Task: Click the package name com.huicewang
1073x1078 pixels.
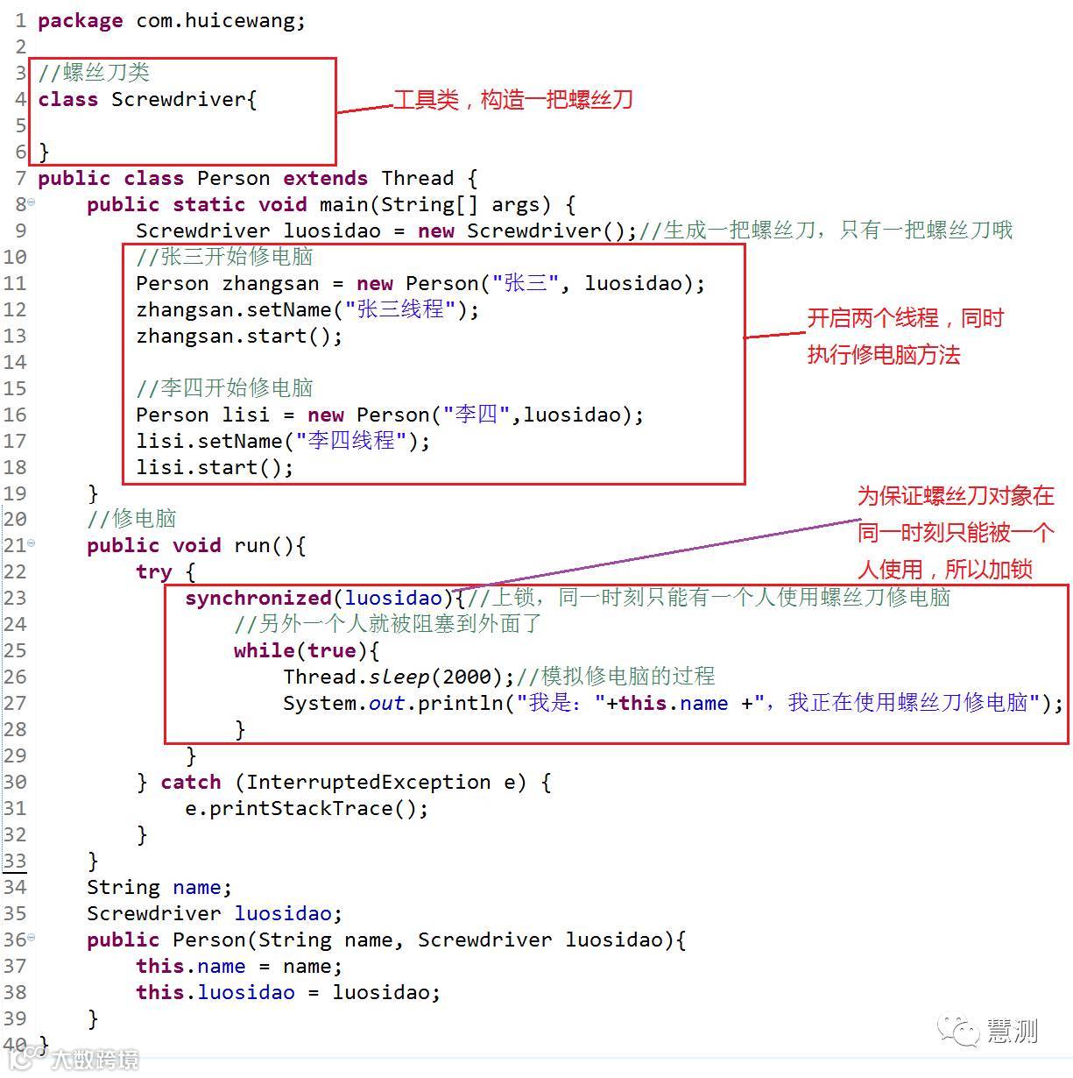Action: (220, 20)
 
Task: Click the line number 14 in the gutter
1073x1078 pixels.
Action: (15, 362)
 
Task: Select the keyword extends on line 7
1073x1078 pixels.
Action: (325, 178)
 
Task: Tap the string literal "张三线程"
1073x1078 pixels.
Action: (399, 309)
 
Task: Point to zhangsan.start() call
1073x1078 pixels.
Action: (238, 336)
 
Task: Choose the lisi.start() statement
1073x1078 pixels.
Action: (214, 467)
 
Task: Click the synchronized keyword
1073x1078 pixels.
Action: (258, 598)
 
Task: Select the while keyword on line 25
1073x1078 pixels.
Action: (264, 650)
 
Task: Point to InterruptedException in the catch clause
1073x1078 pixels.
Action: (368, 782)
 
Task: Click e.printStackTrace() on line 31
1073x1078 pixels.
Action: (306, 808)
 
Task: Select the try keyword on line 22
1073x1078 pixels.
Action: (153, 571)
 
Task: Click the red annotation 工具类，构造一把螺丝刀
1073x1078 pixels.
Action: (512, 100)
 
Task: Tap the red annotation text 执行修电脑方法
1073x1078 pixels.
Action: (883, 355)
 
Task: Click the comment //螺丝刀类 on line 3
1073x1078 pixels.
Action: (94, 72)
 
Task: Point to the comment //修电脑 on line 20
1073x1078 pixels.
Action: (131, 519)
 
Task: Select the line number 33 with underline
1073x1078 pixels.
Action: (15, 861)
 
